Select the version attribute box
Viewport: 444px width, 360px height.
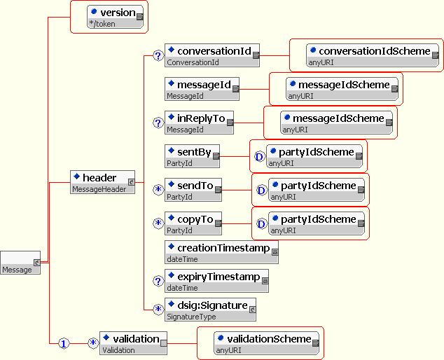(115, 17)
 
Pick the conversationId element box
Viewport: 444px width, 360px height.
(211, 55)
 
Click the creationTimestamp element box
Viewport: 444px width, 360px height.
(221, 252)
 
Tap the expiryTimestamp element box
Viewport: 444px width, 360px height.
(216, 281)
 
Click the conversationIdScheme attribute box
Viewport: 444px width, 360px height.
(373, 55)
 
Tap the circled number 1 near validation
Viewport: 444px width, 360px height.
(64, 343)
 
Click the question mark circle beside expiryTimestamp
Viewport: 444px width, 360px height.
(158, 281)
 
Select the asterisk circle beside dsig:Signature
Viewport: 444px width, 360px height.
(158, 309)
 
